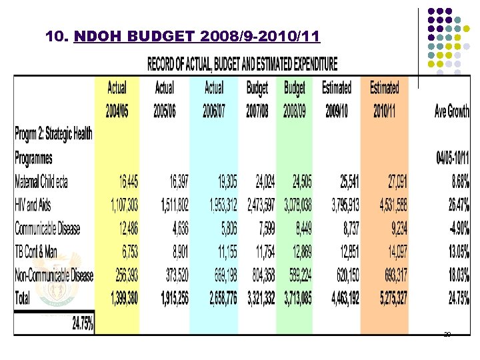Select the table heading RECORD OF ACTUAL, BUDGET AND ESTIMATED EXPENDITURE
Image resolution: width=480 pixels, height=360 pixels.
(x=242, y=65)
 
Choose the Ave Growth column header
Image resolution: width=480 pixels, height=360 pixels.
(x=451, y=112)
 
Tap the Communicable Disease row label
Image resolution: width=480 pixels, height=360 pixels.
(x=47, y=229)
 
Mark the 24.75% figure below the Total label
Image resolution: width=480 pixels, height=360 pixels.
(x=83, y=324)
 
